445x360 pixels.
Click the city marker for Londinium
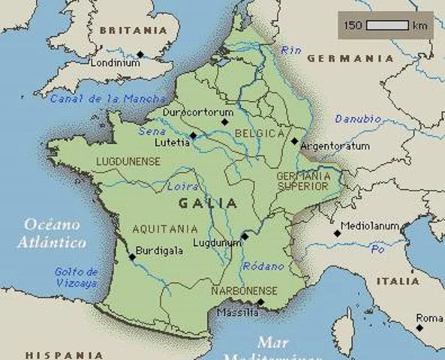point(140,54)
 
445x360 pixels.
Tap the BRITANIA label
point(133,31)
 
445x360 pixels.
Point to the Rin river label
point(290,50)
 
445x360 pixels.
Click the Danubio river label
point(357,119)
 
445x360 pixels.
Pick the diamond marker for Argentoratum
point(294,139)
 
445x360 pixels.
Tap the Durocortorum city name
point(200,112)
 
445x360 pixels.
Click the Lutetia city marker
point(193,136)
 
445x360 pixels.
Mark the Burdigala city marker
point(132,257)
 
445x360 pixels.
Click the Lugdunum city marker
point(245,236)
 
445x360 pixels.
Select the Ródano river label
point(263,266)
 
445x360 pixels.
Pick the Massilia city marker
point(260,302)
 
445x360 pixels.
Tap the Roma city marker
point(419,326)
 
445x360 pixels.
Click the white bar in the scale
point(386,25)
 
